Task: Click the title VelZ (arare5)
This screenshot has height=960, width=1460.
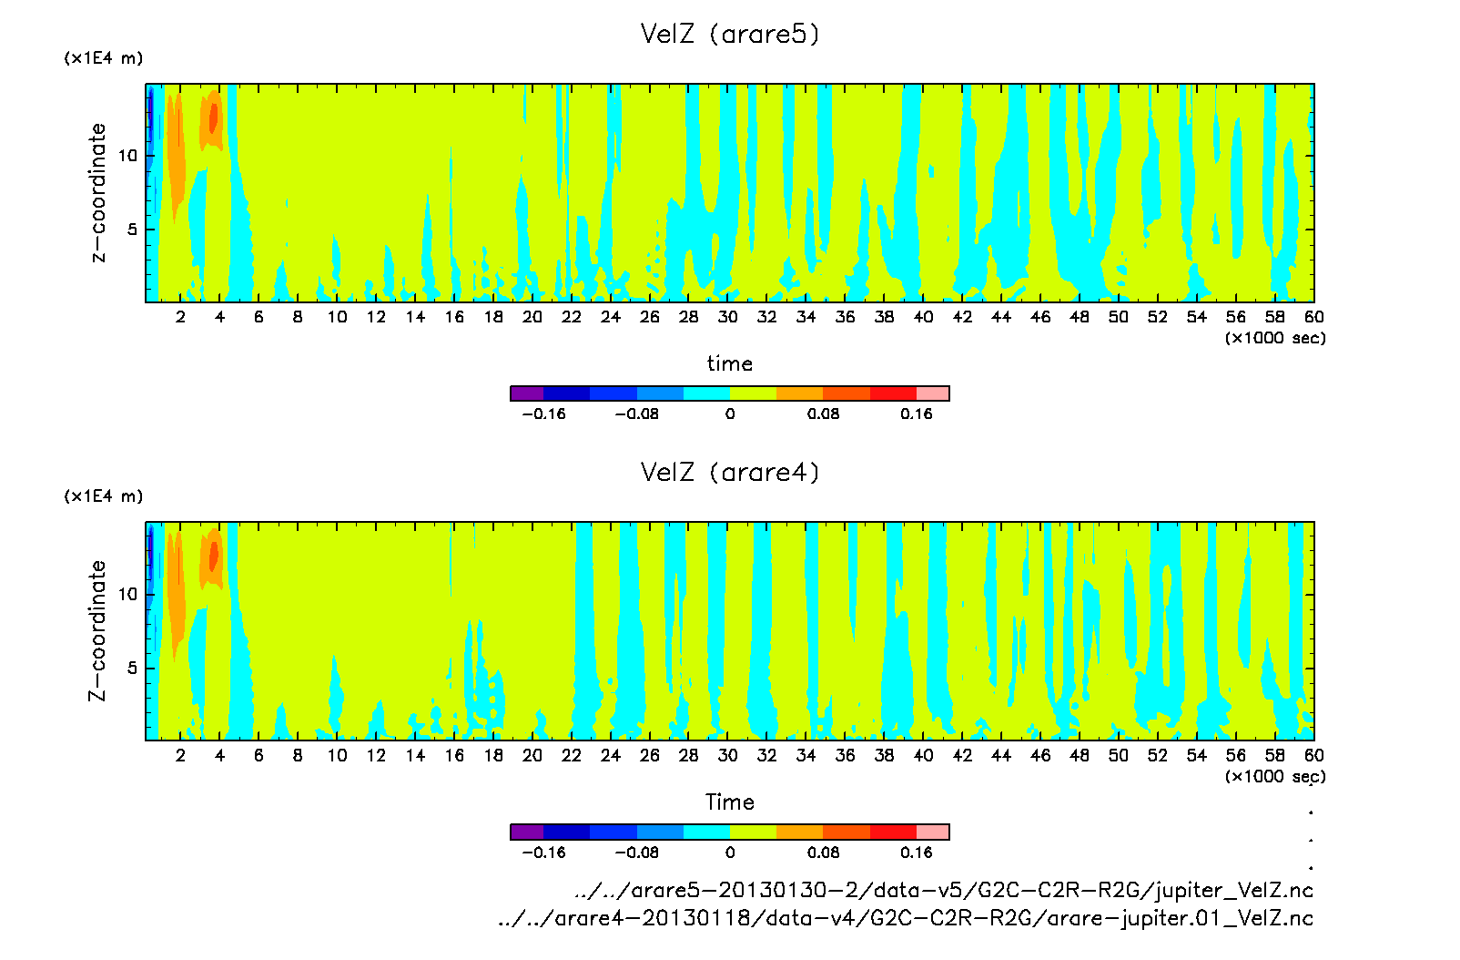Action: [x=729, y=35]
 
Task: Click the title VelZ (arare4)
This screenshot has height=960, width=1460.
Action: [x=729, y=473]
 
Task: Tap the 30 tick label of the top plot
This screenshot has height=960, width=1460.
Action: [x=727, y=317]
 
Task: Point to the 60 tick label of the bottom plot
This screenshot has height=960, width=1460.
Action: [x=1313, y=755]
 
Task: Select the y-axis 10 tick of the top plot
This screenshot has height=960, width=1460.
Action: [x=127, y=156]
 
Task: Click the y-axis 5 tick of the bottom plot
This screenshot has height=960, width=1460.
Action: [x=132, y=668]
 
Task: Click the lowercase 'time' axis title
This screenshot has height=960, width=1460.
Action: [x=729, y=363]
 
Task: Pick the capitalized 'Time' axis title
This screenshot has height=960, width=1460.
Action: [x=729, y=802]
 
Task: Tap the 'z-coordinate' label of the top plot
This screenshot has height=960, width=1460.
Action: [x=98, y=192]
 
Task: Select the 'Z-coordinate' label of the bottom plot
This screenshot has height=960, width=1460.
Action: [x=97, y=630]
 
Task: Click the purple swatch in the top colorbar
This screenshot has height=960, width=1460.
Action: [x=527, y=393]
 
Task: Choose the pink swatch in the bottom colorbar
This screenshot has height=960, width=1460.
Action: [x=932, y=832]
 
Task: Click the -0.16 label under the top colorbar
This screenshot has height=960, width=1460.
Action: [x=543, y=414]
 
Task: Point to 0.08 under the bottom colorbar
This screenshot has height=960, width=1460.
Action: [x=823, y=853]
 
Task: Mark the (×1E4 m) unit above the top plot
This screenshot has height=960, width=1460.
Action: [x=103, y=58]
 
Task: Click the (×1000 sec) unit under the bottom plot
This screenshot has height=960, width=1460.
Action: [x=1274, y=776]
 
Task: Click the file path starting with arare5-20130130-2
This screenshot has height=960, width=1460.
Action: [x=944, y=890]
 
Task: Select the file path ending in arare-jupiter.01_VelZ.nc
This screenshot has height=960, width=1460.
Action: [x=906, y=918]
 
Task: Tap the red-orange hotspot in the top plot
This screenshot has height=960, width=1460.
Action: [x=214, y=118]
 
